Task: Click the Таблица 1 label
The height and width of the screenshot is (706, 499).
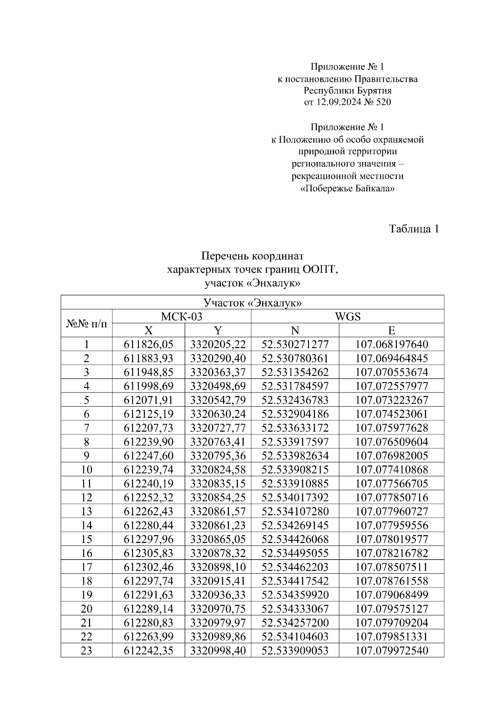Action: [x=414, y=229]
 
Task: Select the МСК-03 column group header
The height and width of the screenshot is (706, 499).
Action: [x=181, y=316]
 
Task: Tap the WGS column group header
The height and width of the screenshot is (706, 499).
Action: [x=347, y=316]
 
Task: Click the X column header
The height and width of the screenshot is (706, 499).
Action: [x=148, y=331]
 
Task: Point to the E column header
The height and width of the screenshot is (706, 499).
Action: [x=391, y=331]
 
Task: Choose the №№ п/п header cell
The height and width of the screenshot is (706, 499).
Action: [x=86, y=323]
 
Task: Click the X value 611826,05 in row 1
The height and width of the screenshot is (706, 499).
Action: [x=148, y=344]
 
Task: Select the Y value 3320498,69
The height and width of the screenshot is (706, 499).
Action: [x=218, y=386]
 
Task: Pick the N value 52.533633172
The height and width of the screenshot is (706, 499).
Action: [x=295, y=428]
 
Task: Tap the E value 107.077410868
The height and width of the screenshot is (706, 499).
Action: [x=391, y=470]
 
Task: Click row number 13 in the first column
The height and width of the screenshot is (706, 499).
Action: [x=86, y=511]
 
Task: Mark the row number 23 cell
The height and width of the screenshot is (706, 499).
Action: [x=86, y=651]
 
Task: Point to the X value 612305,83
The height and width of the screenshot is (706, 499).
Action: [x=148, y=553]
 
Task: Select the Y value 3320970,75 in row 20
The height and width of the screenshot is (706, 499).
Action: [x=218, y=609]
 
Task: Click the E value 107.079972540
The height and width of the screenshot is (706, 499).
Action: [x=391, y=651]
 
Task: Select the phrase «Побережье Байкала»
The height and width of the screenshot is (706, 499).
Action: [x=347, y=188]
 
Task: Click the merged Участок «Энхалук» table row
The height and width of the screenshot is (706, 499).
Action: [x=252, y=303]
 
